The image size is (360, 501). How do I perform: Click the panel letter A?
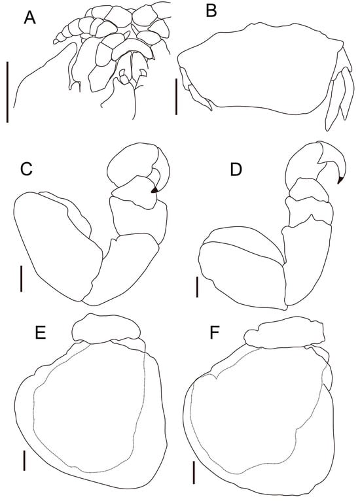pos(29,18)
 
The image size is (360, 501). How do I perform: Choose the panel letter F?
pos(214,334)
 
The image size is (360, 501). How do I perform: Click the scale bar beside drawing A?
pos(7,92)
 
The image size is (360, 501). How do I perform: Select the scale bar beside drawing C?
pos(22,277)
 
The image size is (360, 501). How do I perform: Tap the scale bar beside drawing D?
pos(198,286)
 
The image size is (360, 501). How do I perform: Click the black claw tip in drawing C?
pos(154,190)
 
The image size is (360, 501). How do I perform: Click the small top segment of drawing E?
pos(105,328)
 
